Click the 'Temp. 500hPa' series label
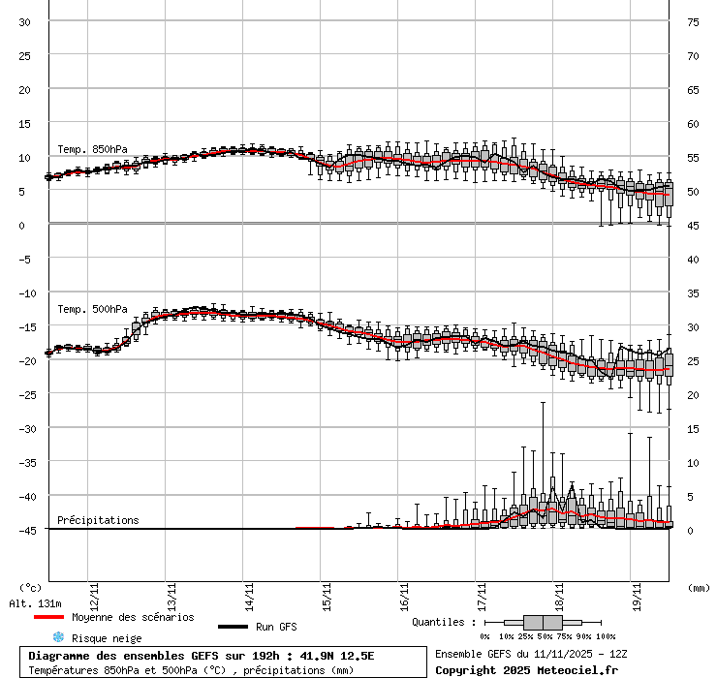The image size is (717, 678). [92, 309]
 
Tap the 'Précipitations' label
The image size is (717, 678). [98, 520]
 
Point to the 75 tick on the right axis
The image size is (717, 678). [694, 21]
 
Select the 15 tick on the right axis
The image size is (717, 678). [694, 428]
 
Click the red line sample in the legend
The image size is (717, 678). [48, 617]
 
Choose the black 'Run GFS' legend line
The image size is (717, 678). [233, 627]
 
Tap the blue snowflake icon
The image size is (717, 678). [58, 637]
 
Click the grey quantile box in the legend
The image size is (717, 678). [543, 622]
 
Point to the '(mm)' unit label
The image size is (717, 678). [699, 587]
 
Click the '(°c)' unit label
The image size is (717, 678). [31, 587]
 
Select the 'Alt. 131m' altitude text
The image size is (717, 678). [36, 602]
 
